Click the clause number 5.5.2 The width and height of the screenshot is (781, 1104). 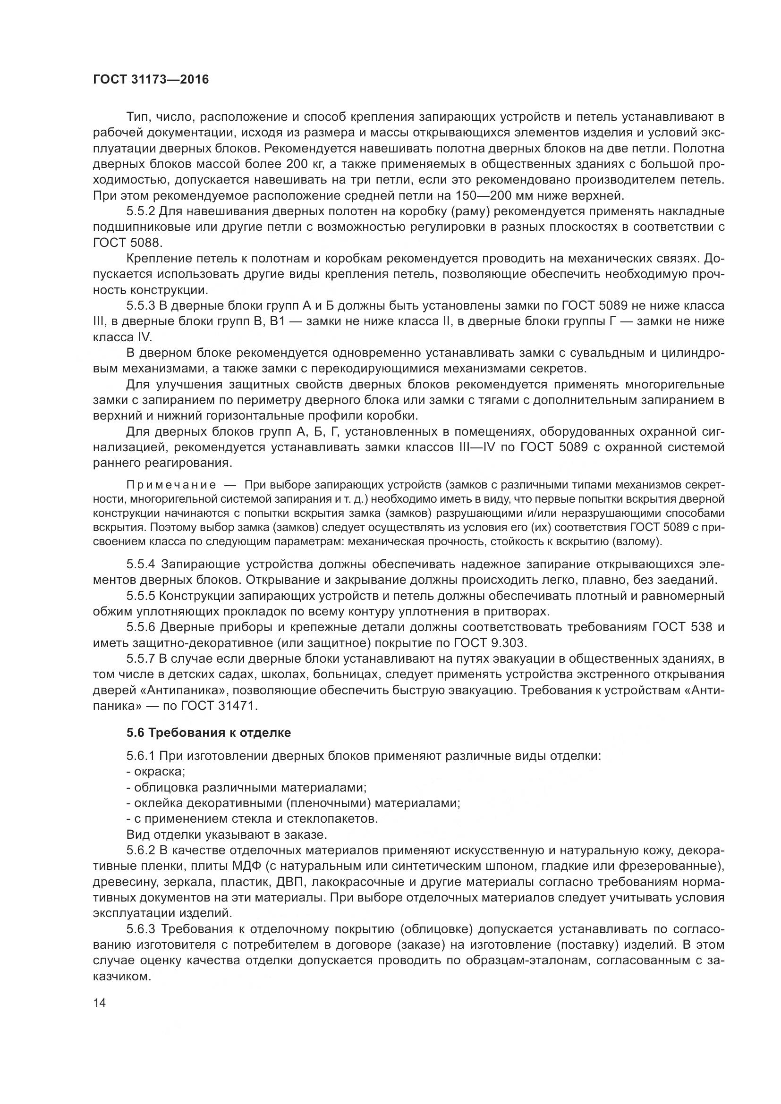[141, 211]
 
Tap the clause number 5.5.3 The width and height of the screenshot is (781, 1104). [141, 306]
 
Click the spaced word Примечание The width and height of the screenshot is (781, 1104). [171, 484]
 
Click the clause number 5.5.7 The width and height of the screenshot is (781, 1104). [141, 658]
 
